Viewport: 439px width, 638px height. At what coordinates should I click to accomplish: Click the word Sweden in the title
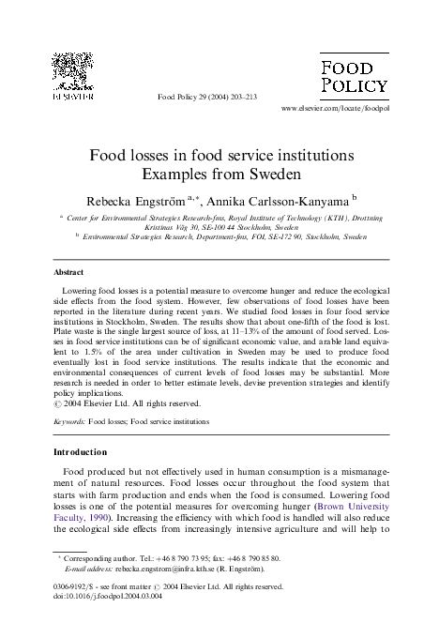click(x=280, y=174)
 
